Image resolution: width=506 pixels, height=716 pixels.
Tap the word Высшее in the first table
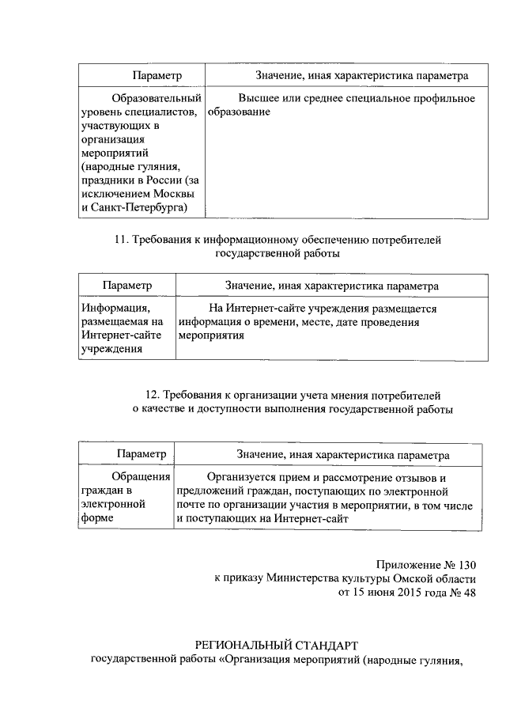[x=255, y=98]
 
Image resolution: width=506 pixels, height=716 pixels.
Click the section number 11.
[x=122, y=239]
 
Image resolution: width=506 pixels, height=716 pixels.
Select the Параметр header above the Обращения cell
[x=141, y=455]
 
